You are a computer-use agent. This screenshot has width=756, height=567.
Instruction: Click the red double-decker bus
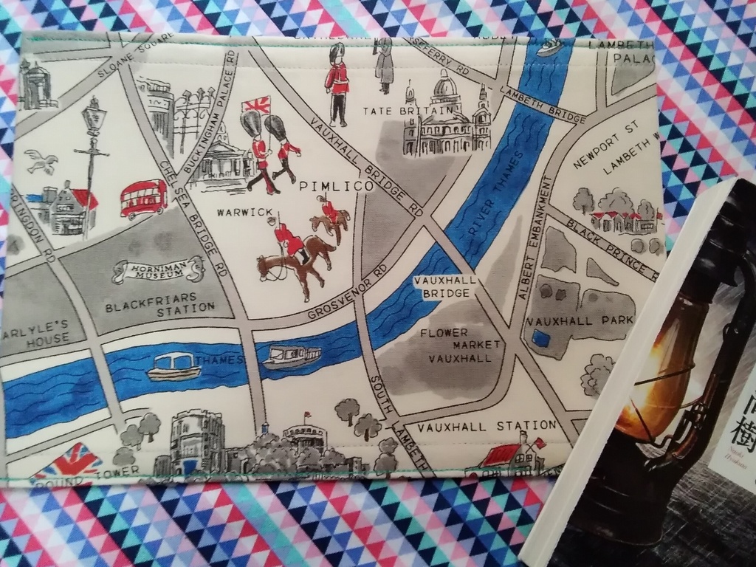coord(143,199)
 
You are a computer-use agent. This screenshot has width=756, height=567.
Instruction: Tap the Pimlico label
coord(337,187)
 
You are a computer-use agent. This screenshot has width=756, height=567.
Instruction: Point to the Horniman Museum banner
coord(158,270)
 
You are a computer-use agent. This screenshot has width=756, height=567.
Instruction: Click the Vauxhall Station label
coord(485,426)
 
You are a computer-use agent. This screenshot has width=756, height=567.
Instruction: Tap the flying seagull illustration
coord(41,160)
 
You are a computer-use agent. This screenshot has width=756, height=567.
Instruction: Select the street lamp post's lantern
coord(94,118)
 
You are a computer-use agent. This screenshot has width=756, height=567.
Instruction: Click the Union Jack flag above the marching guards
coord(256,105)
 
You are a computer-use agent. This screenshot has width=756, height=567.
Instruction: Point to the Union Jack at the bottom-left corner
coord(68,461)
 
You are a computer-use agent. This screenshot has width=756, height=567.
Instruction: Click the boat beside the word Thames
coord(173,366)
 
